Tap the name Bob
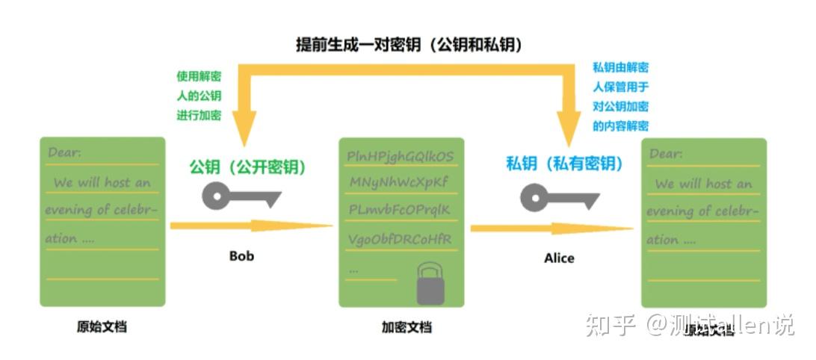(x=241, y=256)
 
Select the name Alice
(x=559, y=258)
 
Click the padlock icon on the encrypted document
(x=430, y=285)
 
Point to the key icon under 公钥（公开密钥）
(x=240, y=197)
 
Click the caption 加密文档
(x=407, y=327)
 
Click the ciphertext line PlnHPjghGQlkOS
(x=401, y=156)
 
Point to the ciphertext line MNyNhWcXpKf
(x=398, y=182)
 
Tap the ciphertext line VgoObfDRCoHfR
(x=400, y=239)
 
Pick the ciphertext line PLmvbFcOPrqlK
(x=400, y=210)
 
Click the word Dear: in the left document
(x=65, y=153)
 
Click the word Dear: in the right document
(x=666, y=154)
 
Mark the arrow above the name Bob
(x=250, y=226)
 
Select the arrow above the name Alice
(x=551, y=229)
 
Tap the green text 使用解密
(x=199, y=76)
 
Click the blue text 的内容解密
(x=620, y=125)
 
